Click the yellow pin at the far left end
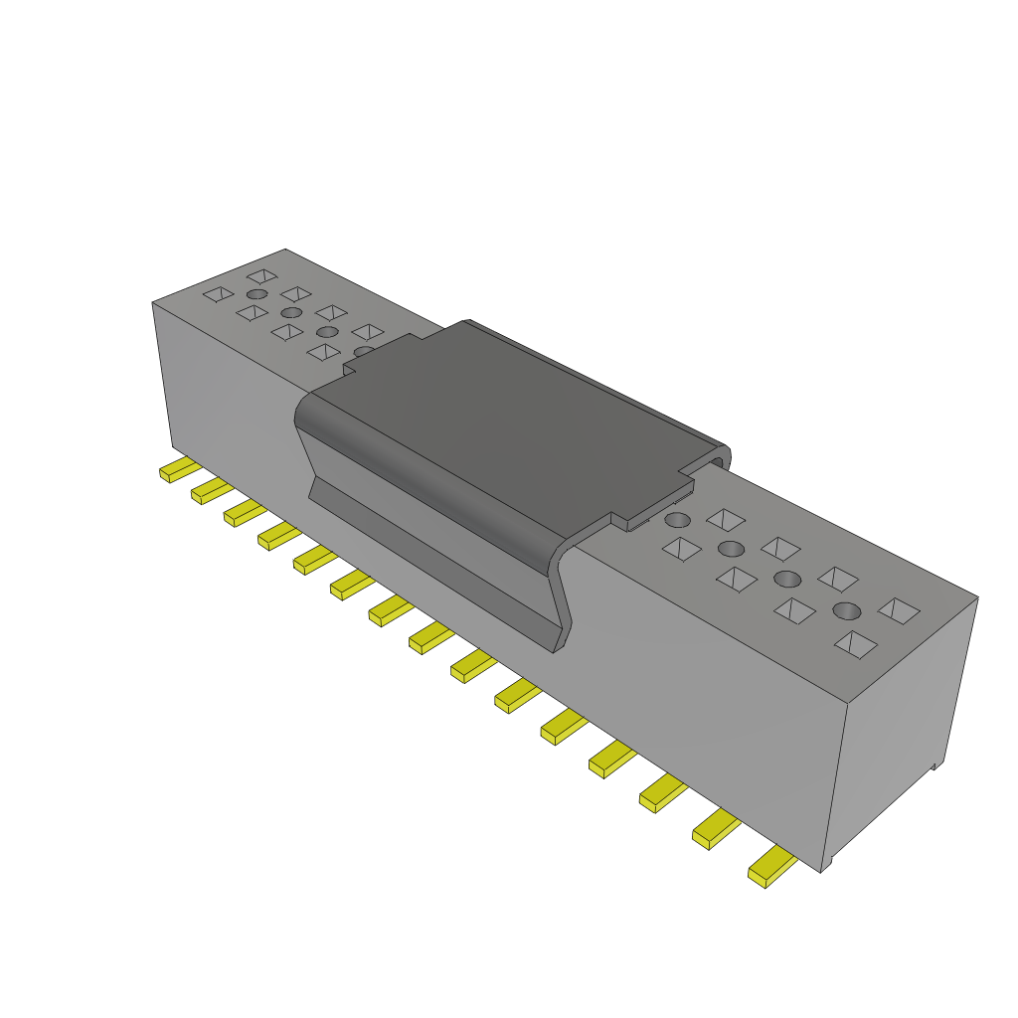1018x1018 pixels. pos(177,470)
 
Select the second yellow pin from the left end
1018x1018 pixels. pos(210,490)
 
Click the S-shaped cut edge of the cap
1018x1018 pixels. pos(565,596)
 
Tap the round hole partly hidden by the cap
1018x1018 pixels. pos(364,351)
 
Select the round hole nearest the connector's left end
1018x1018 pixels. pos(257,295)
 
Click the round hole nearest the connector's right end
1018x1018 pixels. pos(846,610)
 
